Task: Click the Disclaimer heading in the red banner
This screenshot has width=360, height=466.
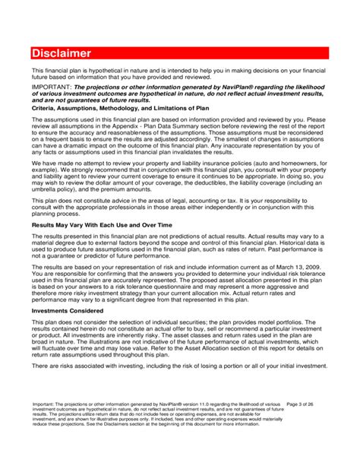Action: pyautogui.click(x=62, y=53)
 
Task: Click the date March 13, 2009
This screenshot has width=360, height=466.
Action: pyautogui.click(x=303, y=268)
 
